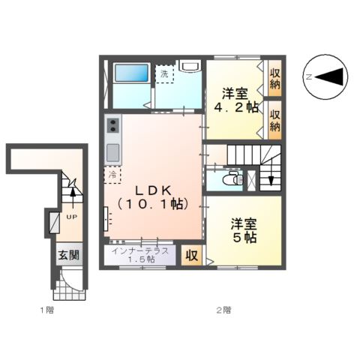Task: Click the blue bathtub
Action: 133,74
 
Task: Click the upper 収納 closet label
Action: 275,77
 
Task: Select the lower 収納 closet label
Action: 275,121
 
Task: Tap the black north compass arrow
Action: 331,76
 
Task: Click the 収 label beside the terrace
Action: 192,255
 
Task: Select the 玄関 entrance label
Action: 69,255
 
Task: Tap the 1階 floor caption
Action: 46,308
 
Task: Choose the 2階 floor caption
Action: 223,308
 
